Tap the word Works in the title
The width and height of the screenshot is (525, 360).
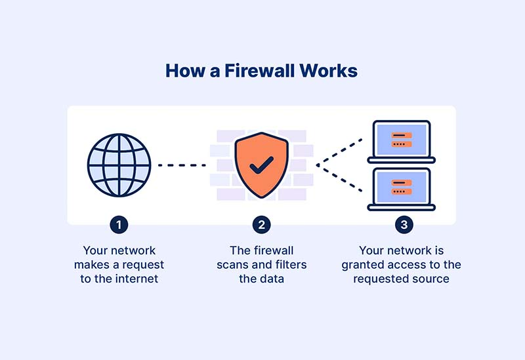327,71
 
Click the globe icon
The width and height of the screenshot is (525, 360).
119,165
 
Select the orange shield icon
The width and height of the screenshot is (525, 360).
261,167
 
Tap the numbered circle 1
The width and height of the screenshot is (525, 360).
119,225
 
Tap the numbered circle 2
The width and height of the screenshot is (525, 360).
261,225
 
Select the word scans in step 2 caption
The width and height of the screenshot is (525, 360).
232,265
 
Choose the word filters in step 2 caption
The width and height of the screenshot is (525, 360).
290,265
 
